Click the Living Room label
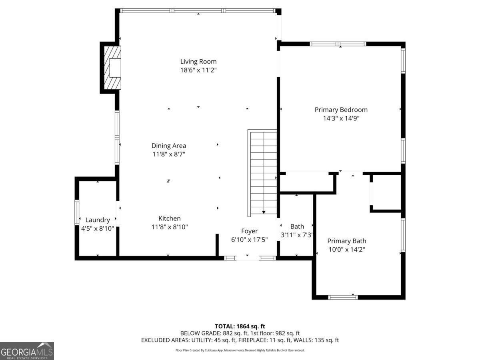198,61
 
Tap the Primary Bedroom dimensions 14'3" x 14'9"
341,118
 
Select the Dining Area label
168,146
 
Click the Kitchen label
169,218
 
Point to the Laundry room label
97,220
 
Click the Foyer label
249,231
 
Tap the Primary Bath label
346,241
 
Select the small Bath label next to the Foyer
297,226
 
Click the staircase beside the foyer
263,172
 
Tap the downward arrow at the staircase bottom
264,212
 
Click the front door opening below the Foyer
248,258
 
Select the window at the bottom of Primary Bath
343,297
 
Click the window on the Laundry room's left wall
77,212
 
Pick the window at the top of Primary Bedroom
338,44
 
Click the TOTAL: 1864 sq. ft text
240,326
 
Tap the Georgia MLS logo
27,351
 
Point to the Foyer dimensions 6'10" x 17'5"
249,240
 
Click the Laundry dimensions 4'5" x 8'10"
97,228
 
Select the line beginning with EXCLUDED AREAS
240,340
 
